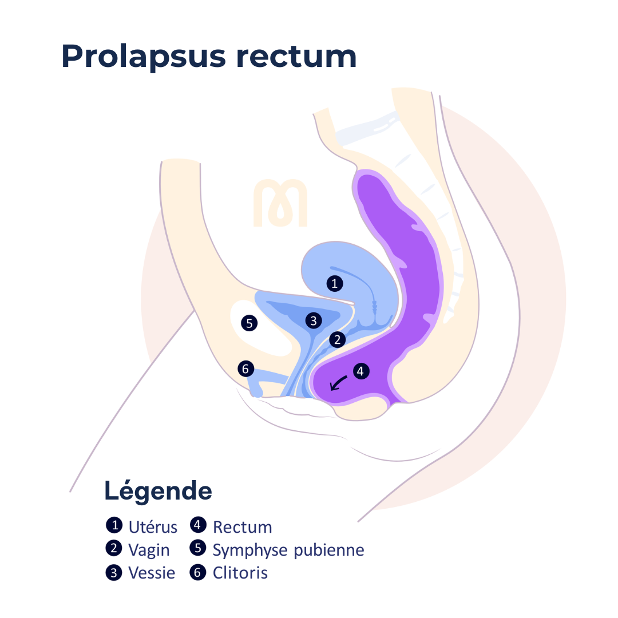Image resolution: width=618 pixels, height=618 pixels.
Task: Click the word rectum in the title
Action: point(296,56)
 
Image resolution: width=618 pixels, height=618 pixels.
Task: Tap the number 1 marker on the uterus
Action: point(335,283)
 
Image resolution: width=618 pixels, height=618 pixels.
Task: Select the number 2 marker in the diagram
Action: point(338,339)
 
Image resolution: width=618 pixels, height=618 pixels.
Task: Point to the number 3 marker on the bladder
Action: point(314,321)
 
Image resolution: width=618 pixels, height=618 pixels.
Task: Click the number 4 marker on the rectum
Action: point(360,371)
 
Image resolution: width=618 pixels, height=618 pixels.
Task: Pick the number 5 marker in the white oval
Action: point(249,323)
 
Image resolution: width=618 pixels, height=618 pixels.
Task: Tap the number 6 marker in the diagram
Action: point(246,369)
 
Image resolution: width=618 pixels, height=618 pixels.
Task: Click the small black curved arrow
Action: point(338,383)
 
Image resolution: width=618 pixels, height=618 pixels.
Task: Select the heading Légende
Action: point(158,491)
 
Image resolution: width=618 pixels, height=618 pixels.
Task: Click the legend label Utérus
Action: point(153,527)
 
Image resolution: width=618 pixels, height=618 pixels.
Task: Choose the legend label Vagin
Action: point(149,550)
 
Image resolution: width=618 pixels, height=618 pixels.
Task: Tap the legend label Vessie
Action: point(152,573)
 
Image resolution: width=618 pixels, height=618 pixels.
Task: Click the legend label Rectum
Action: point(243,528)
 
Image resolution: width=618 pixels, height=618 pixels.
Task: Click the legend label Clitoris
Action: point(240,573)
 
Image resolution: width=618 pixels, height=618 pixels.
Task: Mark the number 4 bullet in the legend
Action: point(198,525)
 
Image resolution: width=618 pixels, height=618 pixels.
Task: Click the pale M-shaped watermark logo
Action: point(280,203)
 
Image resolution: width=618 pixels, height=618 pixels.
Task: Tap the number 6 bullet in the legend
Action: point(198,572)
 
